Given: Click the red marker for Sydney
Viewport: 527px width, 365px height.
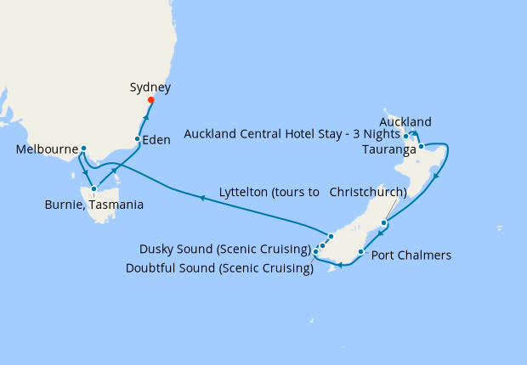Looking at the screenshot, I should [x=150, y=100].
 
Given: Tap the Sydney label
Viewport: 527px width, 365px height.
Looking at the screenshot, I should [x=150, y=87].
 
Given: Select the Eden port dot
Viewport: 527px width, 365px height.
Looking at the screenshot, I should [x=138, y=138].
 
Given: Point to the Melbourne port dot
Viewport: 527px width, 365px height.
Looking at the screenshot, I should [x=83, y=149].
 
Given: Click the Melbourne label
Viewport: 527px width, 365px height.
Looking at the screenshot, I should [x=47, y=149].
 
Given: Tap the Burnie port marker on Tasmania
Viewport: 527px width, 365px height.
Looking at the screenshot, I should [x=93, y=188].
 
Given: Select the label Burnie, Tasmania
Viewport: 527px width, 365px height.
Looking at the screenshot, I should [x=93, y=205].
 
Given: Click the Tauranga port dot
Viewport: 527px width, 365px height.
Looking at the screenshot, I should [x=421, y=147].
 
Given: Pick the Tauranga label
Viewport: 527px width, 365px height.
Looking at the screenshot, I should [x=388, y=150].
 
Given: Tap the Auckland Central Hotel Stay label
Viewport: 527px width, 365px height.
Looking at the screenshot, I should [x=290, y=134].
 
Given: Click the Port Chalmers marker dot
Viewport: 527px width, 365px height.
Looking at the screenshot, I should [x=362, y=252].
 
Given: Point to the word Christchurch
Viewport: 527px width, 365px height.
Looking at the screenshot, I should [x=367, y=192].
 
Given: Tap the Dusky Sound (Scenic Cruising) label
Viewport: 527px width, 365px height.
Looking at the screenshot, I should [x=224, y=249].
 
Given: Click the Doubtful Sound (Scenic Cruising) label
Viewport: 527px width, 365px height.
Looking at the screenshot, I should [x=218, y=267].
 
